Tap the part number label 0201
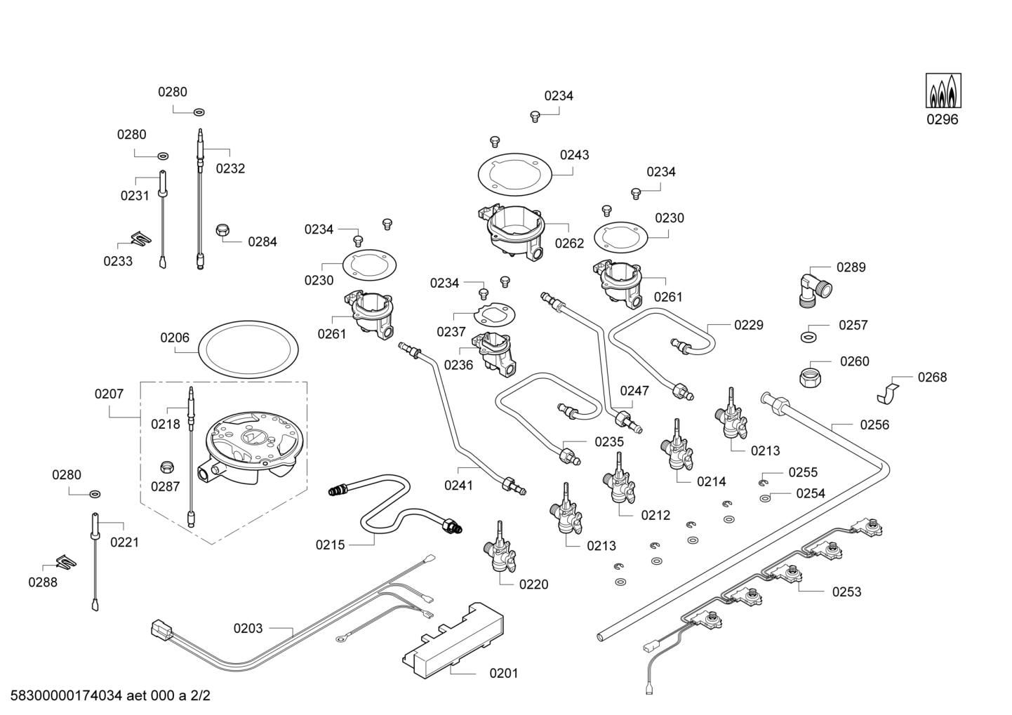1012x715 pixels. click(503, 674)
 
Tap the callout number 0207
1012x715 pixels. click(109, 394)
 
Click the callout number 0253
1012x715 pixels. click(846, 592)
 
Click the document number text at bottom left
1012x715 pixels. click(106, 697)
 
